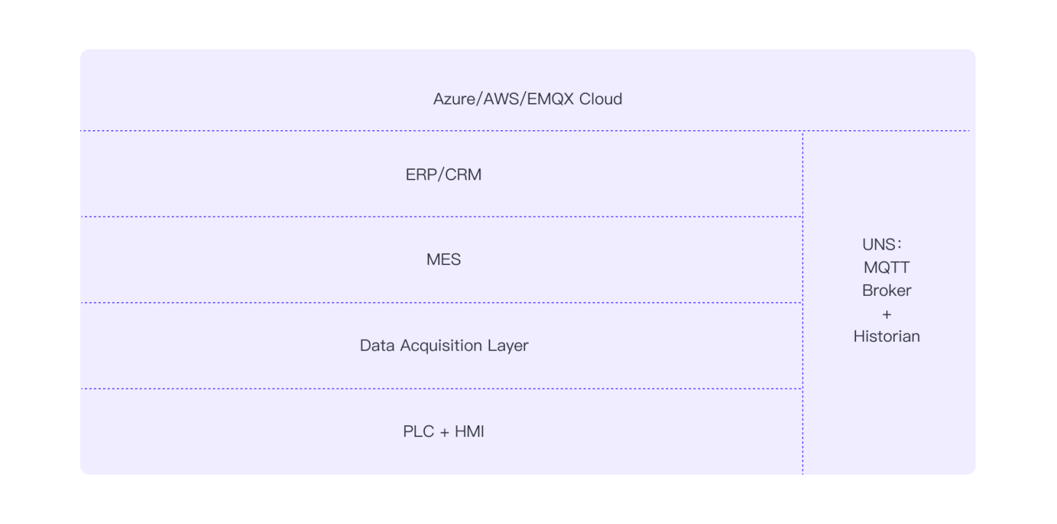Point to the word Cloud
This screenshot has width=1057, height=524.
click(600, 99)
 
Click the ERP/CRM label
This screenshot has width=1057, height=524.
click(444, 175)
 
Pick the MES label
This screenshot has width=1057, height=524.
click(444, 260)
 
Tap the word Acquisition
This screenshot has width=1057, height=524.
click(442, 346)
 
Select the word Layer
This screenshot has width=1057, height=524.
click(508, 346)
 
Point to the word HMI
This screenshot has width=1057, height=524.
click(469, 431)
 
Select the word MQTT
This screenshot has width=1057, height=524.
click(887, 268)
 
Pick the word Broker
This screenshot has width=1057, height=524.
click(887, 290)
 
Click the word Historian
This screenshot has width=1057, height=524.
click(887, 336)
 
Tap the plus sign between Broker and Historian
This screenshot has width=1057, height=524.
click(887, 314)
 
